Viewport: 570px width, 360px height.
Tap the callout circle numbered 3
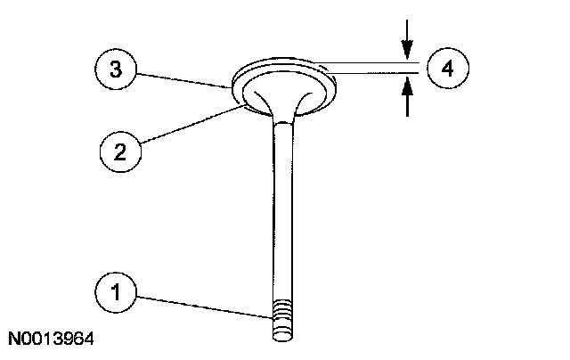pyautogui.click(x=118, y=68)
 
